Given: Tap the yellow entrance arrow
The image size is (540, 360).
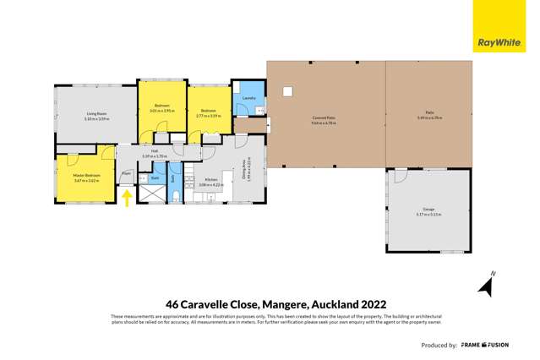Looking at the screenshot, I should point(127,198).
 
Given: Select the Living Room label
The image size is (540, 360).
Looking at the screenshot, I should point(95,114).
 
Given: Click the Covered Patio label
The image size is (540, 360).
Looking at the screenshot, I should point(325,118).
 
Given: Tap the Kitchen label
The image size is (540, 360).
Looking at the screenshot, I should point(211,179).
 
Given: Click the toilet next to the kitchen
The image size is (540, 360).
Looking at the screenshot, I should point(175,197).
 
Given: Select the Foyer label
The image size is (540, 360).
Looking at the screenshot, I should point(126,172).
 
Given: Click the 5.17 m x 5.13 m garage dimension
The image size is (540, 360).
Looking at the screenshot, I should point(429,215).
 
